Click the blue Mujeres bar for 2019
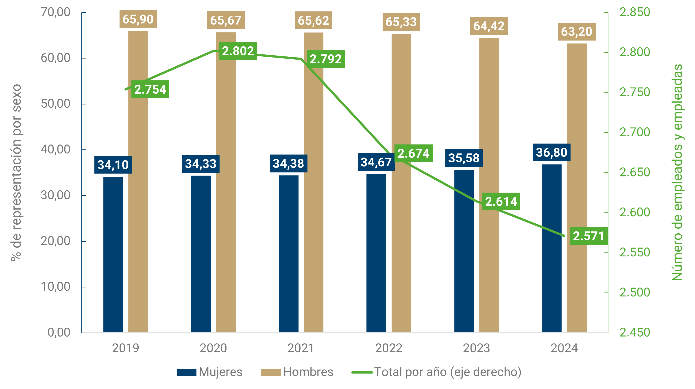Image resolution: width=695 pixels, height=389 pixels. [113, 255]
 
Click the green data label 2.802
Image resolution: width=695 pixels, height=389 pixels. [238, 51]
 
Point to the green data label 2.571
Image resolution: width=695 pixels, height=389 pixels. [589, 236]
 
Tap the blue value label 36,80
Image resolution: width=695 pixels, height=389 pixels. [551, 153]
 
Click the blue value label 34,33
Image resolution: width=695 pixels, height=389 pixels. [201, 164]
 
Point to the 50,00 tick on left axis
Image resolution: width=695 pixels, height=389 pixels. [56, 104]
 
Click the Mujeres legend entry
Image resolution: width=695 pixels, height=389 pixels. [210, 372]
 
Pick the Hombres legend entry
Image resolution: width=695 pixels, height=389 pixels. [297, 372]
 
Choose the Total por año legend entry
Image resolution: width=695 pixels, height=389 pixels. [436, 372]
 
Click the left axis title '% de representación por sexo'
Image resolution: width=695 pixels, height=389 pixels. [16, 172]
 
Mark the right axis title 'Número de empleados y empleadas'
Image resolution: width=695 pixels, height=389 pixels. [677, 172]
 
